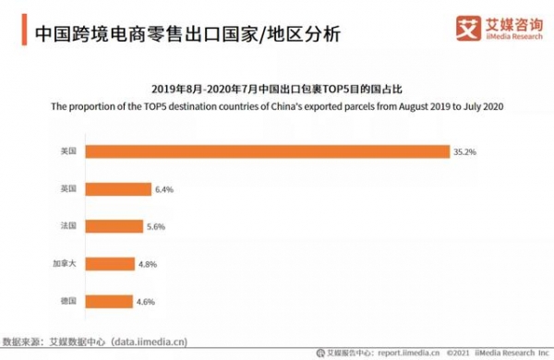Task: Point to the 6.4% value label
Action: [163, 188]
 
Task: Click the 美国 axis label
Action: [66, 150]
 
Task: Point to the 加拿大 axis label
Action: [62, 263]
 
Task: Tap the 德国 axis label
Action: [66, 301]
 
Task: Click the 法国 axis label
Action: [66, 225]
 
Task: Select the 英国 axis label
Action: [66, 188]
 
